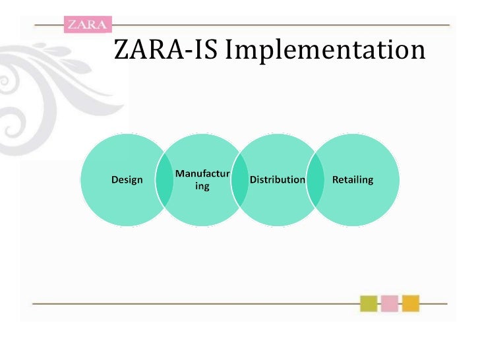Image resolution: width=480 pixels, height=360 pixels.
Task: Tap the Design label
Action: pos(127,179)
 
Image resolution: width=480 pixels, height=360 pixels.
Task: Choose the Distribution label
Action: pos(277,179)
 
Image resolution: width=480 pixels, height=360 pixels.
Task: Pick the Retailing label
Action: pos(353,179)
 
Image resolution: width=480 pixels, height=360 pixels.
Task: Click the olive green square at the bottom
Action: pos(369,303)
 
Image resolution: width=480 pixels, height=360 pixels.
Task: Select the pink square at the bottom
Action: pos(390,303)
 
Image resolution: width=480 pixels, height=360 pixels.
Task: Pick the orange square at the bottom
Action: pos(411,303)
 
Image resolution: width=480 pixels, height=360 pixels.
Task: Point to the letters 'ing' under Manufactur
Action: pos(202,187)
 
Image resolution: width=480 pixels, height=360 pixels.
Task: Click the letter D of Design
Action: pos(115,179)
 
